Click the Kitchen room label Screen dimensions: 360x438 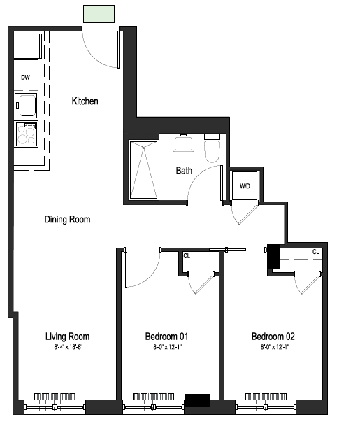[85, 101]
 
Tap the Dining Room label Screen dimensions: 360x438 [68, 220]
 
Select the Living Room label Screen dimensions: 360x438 [68, 337]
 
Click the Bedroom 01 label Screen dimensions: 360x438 [166, 337]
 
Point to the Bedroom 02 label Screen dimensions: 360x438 [273, 337]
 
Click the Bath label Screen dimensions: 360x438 [184, 171]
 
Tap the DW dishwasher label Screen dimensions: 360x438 [25, 78]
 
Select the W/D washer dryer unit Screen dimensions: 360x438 [245, 185]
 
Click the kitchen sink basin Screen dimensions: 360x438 [26, 106]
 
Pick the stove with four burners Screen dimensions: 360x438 [27, 134]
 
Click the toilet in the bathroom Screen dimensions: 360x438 [212, 148]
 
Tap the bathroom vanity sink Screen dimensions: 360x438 [183, 143]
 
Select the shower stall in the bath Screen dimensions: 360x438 [144, 170]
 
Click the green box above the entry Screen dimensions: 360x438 [99, 14]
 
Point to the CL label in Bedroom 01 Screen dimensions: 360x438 [187, 256]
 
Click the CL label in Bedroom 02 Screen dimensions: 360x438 [316, 252]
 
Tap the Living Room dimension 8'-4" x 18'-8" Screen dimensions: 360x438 [69, 348]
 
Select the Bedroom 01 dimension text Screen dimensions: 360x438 [168, 348]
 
